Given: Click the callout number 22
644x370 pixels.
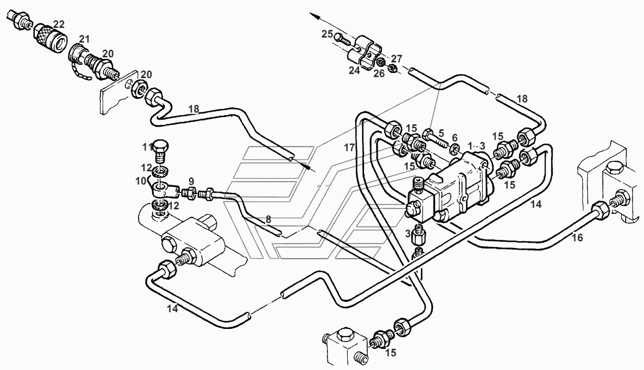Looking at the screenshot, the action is tap(59, 24).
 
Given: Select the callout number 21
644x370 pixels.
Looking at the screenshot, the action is tap(85, 40).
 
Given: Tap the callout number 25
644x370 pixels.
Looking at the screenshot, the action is tap(327, 34).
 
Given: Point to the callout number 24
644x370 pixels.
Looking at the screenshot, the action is tap(354, 70).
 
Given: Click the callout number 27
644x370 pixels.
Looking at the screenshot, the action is tap(397, 59).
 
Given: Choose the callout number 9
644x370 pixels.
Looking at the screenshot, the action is tap(191, 181).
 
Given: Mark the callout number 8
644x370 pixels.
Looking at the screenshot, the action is tap(268, 220).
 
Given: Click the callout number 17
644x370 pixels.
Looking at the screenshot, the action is tap(349, 147).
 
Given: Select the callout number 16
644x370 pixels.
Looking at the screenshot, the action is tap(577, 238).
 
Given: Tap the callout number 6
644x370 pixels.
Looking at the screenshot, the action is tap(454, 138).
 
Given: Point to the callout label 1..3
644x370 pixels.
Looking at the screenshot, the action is tap(476, 145).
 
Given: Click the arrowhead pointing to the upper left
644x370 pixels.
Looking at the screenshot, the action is tap(314, 16).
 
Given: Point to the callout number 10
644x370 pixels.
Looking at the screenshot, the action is tap(141, 181).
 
